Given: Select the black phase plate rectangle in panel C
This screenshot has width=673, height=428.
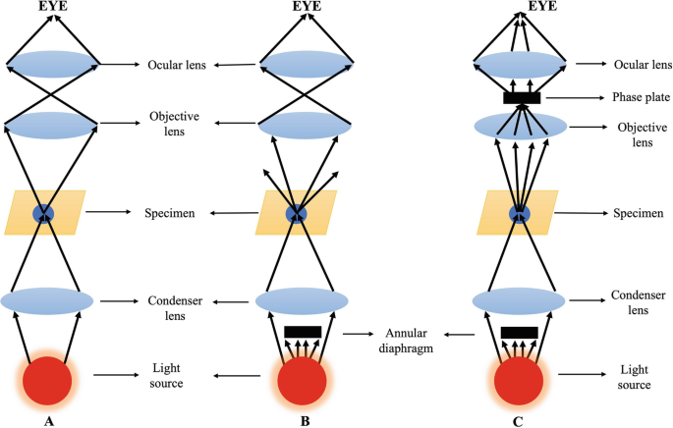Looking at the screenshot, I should [521, 97].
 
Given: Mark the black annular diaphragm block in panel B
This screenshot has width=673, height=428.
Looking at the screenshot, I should [301, 332].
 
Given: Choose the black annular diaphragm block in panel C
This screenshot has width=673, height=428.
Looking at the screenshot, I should [519, 332].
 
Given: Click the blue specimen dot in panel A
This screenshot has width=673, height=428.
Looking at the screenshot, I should [43, 212].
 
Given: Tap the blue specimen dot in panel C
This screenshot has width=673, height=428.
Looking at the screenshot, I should [520, 212].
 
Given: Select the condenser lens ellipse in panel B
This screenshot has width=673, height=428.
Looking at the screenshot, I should [301, 299].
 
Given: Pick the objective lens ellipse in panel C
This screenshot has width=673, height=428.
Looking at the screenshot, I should [520, 128].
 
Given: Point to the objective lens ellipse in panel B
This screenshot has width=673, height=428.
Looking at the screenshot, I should [301, 125].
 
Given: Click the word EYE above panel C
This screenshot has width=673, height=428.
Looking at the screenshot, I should [520, 7].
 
